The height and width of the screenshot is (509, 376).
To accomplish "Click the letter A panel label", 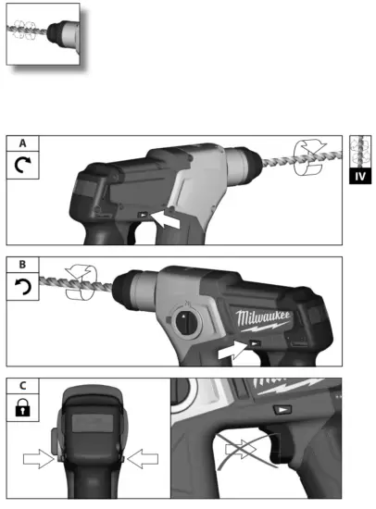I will (x=20, y=143).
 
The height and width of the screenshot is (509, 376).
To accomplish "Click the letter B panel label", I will (x=20, y=265).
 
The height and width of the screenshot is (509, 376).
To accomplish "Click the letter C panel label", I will (x=20, y=384).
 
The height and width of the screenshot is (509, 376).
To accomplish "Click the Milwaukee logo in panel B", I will (x=264, y=320).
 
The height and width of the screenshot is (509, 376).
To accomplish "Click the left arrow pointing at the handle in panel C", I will (x=39, y=457).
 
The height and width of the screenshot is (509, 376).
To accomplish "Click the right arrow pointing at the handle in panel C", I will (x=143, y=457).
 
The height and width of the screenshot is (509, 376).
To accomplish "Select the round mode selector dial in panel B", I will (x=185, y=323).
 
